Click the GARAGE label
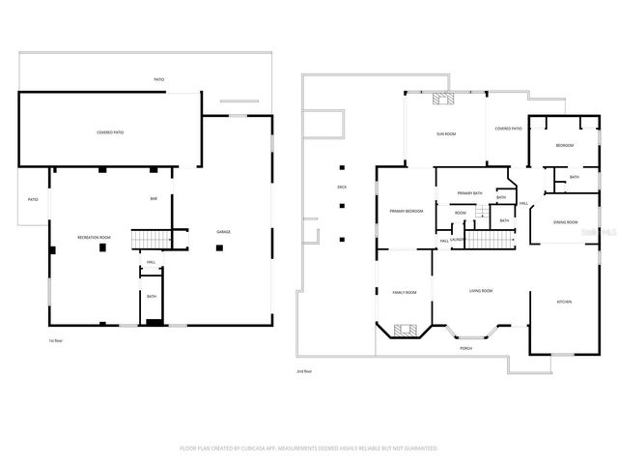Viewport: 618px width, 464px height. tap(223, 231)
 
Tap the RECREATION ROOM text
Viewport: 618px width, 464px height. tap(94, 237)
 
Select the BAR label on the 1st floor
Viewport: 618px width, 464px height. tap(152, 199)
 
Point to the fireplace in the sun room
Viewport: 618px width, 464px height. tap(443, 98)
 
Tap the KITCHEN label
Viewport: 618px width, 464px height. tap(564, 303)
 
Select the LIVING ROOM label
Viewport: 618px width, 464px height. tap(480, 291)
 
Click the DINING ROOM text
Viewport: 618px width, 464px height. tap(565, 221)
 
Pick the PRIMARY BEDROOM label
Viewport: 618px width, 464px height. tap(406, 211)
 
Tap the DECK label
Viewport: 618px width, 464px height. tap(341, 187)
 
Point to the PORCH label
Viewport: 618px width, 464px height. tap(465, 348)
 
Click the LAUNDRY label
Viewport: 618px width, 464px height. tap(459, 240)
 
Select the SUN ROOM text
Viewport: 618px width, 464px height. tap(445, 134)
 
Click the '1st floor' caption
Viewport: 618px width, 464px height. tap(55, 341)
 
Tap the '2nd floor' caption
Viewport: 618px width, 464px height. tap(306, 370)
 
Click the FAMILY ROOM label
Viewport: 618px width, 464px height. tap(404, 292)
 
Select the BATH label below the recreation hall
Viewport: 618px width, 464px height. tap(152, 297)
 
